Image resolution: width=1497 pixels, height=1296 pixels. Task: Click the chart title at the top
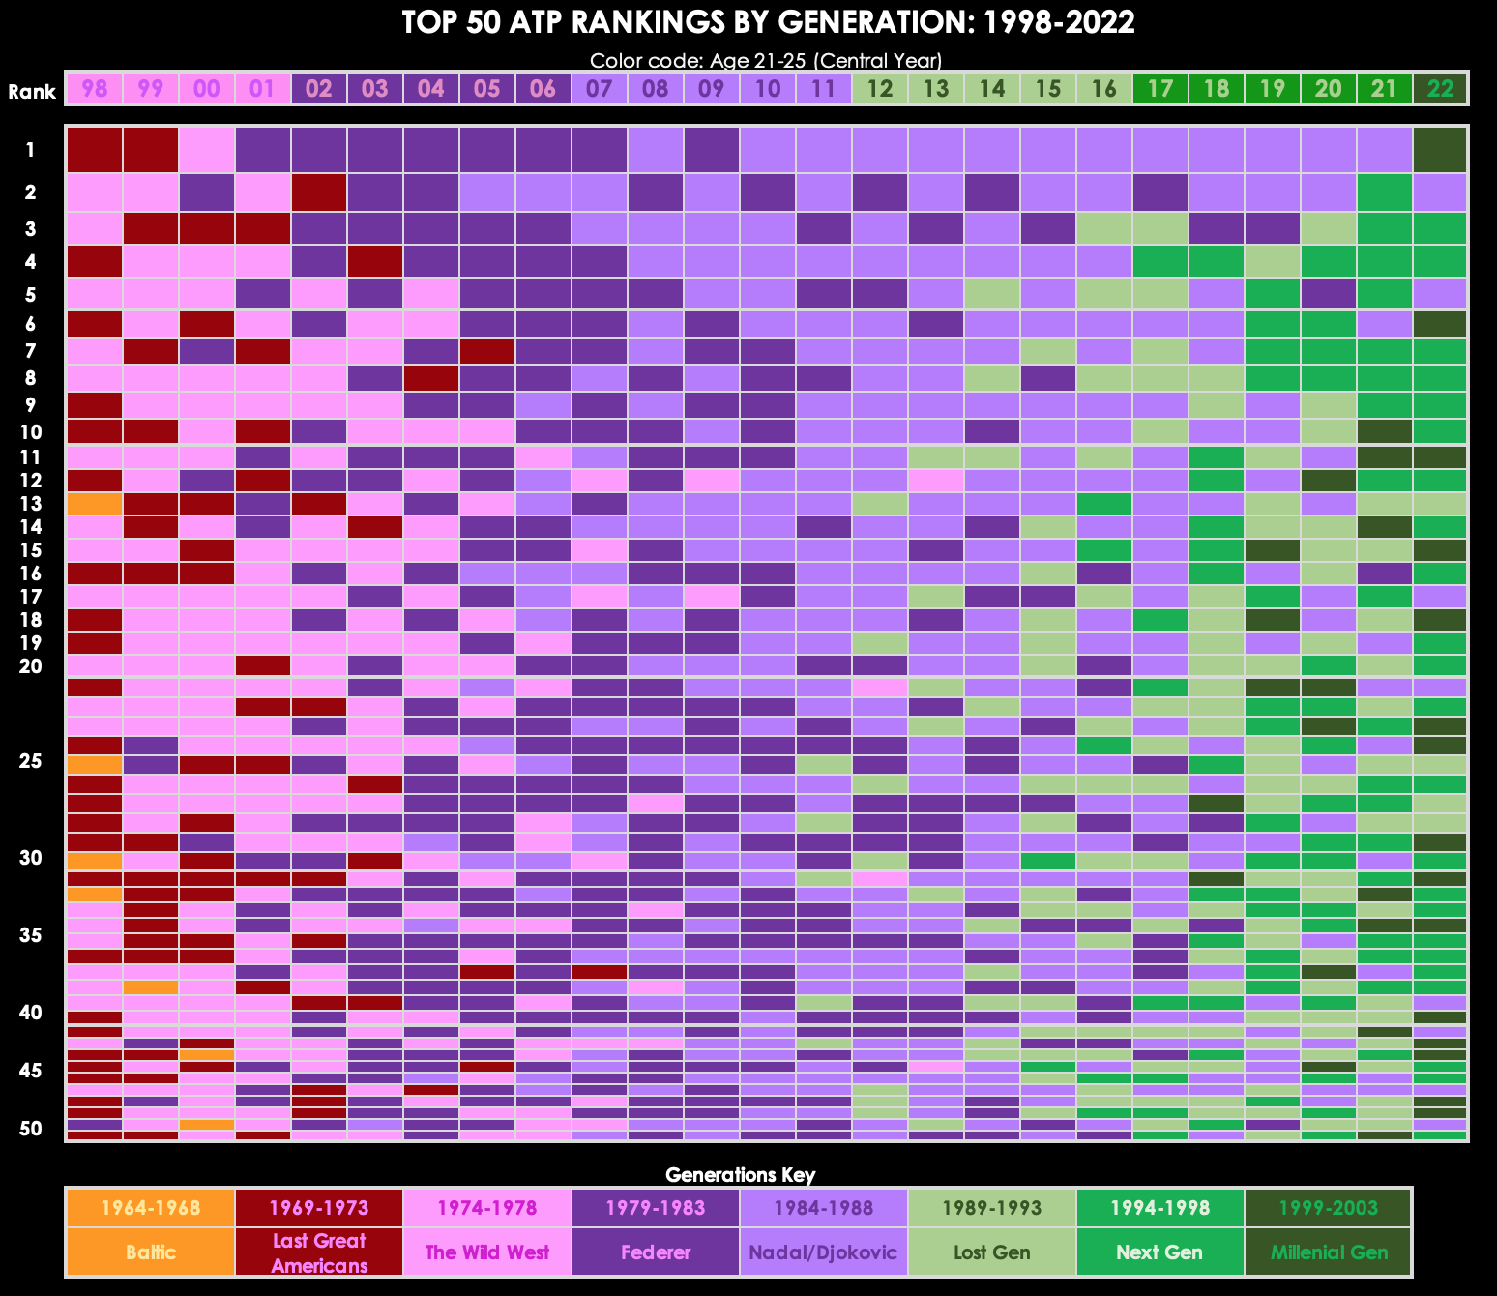point(767,22)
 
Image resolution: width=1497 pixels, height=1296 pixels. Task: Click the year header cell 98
point(95,89)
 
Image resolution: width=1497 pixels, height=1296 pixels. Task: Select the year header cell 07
point(600,89)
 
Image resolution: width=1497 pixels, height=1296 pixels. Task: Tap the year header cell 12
point(880,89)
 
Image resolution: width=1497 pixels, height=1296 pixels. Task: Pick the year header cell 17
point(1160,89)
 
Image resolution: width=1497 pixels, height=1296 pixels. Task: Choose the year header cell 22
point(1441,89)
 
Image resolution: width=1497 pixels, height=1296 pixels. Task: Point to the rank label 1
point(31,150)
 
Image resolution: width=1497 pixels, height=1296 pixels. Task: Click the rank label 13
point(31,504)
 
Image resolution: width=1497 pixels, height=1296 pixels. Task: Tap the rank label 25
point(31,762)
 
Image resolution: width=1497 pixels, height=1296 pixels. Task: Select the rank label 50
point(31,1129)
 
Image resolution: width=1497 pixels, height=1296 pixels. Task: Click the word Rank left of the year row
point(32,92)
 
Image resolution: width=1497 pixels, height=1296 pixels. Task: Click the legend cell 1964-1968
point(151,1208)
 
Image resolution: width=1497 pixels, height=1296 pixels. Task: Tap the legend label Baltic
point(151,1252)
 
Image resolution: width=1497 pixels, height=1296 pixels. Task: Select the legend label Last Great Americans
point(319,1252)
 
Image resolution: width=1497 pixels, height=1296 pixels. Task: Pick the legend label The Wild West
point(487,1252)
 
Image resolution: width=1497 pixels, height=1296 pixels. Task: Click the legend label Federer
point(656,1252)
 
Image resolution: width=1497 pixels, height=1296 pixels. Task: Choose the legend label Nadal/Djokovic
point(824,1252)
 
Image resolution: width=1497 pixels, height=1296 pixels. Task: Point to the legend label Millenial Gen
point(1329,1252)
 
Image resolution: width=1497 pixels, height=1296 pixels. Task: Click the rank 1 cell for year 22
point(1441,150)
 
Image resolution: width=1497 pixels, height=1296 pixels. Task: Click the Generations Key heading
point(741,1175)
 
